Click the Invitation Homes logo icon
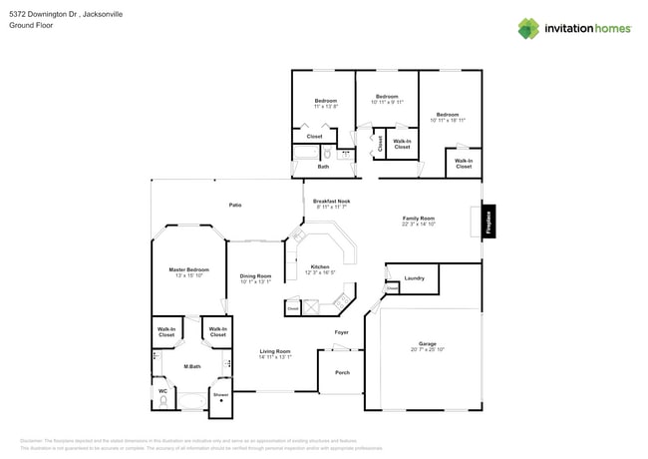click(529, 28)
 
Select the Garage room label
click(427, 344)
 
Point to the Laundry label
click(415, 278)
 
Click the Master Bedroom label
click(188, 269)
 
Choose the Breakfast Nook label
click(331, 201)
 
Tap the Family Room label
click(419, 218)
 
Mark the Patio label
click(235, 205)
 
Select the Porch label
click(342, 372)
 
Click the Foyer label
click(341, 332)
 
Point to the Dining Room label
click(255, 275)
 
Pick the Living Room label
click(275, 351)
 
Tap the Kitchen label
click(320, 266)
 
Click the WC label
click(163, 390)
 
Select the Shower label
click(220, 394)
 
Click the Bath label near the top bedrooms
click(323, 167)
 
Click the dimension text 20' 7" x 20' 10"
click(427, 350)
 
